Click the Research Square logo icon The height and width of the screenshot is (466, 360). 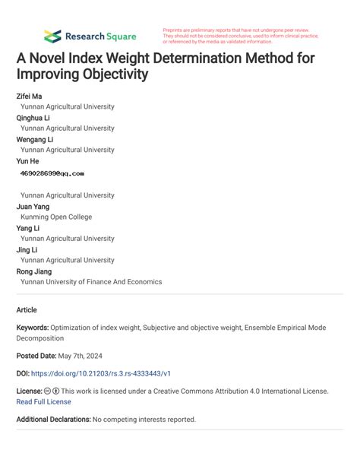tap(52, 36)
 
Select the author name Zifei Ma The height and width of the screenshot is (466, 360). tap(29, 97)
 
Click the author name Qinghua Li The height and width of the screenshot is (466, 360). tap(33, 119)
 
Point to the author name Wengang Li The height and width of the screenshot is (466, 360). tap(34, 140)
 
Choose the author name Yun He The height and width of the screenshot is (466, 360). tap(27, 161)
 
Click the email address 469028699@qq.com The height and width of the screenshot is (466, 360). tap(52, 173)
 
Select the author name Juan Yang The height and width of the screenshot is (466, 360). tap(33, 206)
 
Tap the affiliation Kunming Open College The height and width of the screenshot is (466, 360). tap(56, 217)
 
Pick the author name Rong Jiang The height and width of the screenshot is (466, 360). tap(33, 271)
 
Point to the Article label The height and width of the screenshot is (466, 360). tap(27, 310)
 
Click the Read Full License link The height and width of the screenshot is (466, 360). tap(43, 402)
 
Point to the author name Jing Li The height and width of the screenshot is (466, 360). tap(27, 249)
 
